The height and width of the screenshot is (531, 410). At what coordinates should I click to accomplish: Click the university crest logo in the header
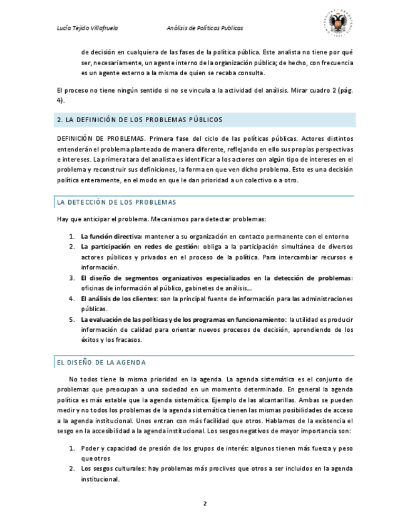coord(340,25)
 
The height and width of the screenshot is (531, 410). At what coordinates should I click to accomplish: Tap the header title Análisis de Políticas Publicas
coord(205,28)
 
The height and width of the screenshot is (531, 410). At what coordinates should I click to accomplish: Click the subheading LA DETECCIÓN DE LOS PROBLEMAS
coord(116,202)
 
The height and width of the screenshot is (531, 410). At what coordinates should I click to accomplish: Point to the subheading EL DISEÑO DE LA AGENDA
coord(101,363)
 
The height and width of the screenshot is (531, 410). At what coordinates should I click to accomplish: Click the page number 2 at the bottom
coord(205,503)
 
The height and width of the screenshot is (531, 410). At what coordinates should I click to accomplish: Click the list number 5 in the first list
coord(72,319)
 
